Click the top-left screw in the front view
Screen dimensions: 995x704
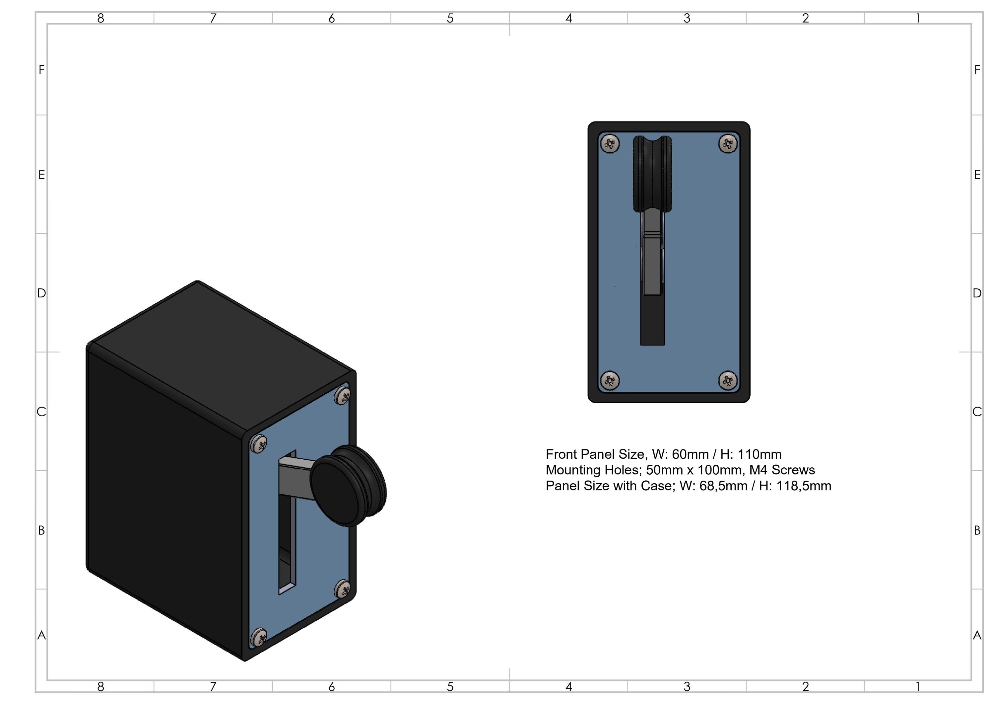(x=610, y=144)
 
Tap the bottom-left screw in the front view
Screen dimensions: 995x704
(x=610, y=380)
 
